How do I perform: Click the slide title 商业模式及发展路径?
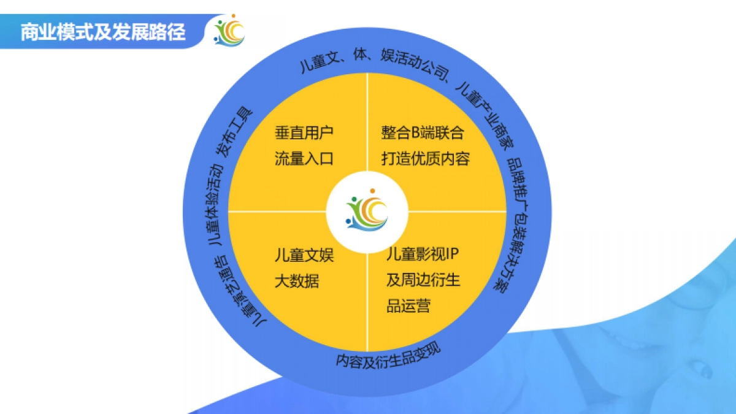tap(103, 32)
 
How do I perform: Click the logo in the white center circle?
tap(367, 212)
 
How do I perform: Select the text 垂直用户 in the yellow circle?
tap(304, 132)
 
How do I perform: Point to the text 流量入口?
tap(304, 159)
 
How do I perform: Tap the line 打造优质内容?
tap(425, 159)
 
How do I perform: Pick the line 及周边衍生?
tap(423, 281)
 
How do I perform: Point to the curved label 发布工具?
tap(234, 132)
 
